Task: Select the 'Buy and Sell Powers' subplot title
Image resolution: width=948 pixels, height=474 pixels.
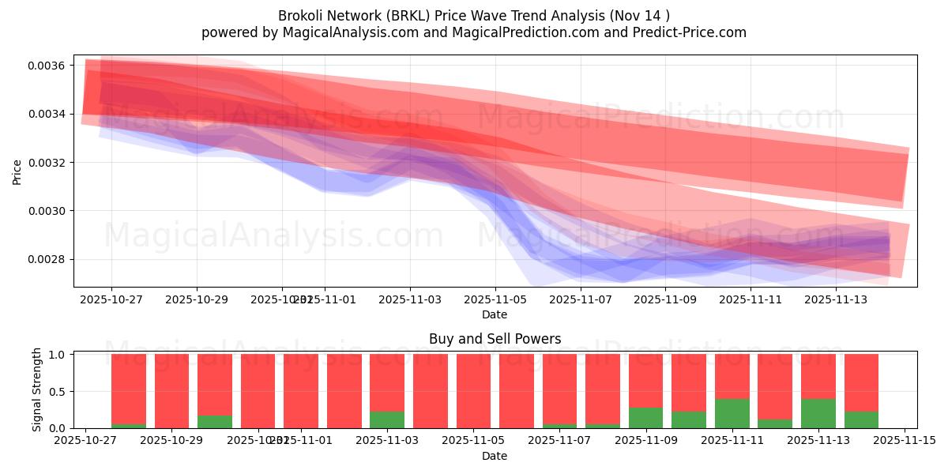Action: tap(495, 339)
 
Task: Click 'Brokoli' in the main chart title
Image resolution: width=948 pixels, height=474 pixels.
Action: tap(301, 16)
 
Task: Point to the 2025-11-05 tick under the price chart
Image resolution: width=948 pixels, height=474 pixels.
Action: tap(495, 300)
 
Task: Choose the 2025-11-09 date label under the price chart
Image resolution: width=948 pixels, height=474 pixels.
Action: tap(666, 300)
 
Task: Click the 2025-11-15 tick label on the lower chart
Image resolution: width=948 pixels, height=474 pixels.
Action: tap(904, 441)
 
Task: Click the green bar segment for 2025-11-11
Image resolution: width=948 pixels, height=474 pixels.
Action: tap(732, 413)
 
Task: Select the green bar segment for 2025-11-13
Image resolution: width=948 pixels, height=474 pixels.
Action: tap(818, 413)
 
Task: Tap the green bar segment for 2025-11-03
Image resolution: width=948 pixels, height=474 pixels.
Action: tap(387, 419)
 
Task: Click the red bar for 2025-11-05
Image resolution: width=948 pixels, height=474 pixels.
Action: tap(473, 391)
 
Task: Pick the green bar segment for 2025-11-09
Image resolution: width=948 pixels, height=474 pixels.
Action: tap(645, 417)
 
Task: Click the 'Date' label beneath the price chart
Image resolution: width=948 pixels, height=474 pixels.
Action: tap(495, 314)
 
